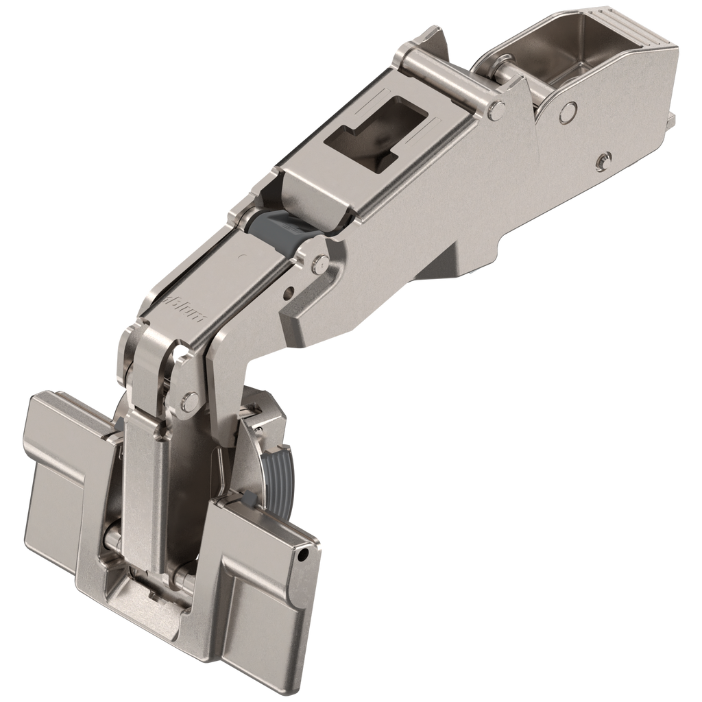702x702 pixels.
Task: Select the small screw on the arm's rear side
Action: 602,160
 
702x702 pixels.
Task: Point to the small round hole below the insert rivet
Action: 288,291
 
